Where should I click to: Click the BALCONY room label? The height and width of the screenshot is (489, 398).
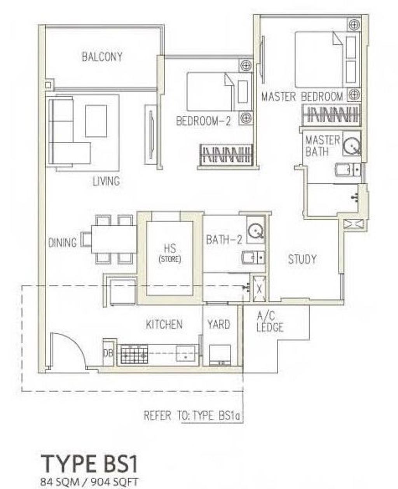[x=102, y=57]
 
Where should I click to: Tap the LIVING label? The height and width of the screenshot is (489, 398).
[x=106, y=181]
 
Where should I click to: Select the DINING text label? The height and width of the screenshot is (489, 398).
[x=62, y=243]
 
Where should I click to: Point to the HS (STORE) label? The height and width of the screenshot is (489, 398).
[x=170, y=252]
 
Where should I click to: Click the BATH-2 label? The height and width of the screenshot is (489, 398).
[x=224, y=240]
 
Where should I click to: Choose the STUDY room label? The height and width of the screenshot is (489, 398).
[x=302, y=259]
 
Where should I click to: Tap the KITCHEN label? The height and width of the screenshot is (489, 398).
[x=164, y=324]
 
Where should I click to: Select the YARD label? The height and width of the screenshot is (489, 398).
[x=218, y=324]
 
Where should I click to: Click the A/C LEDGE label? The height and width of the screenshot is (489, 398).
[x=270, y=322]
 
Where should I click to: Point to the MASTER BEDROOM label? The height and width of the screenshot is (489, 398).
[x=302, y=96]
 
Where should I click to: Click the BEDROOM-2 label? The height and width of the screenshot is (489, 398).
[x=203, y=121]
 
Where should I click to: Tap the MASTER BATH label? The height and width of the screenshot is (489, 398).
[x=322, y=146]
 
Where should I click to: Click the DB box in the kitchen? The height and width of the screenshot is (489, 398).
[x=108, y=353]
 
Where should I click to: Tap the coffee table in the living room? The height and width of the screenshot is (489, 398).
[x=96, y=121]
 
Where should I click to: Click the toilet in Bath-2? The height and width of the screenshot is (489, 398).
[x=253, y=257]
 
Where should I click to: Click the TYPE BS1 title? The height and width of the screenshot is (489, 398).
[x=89, y=463]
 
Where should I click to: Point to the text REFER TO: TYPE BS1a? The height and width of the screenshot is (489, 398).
[x=193, y=416]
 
